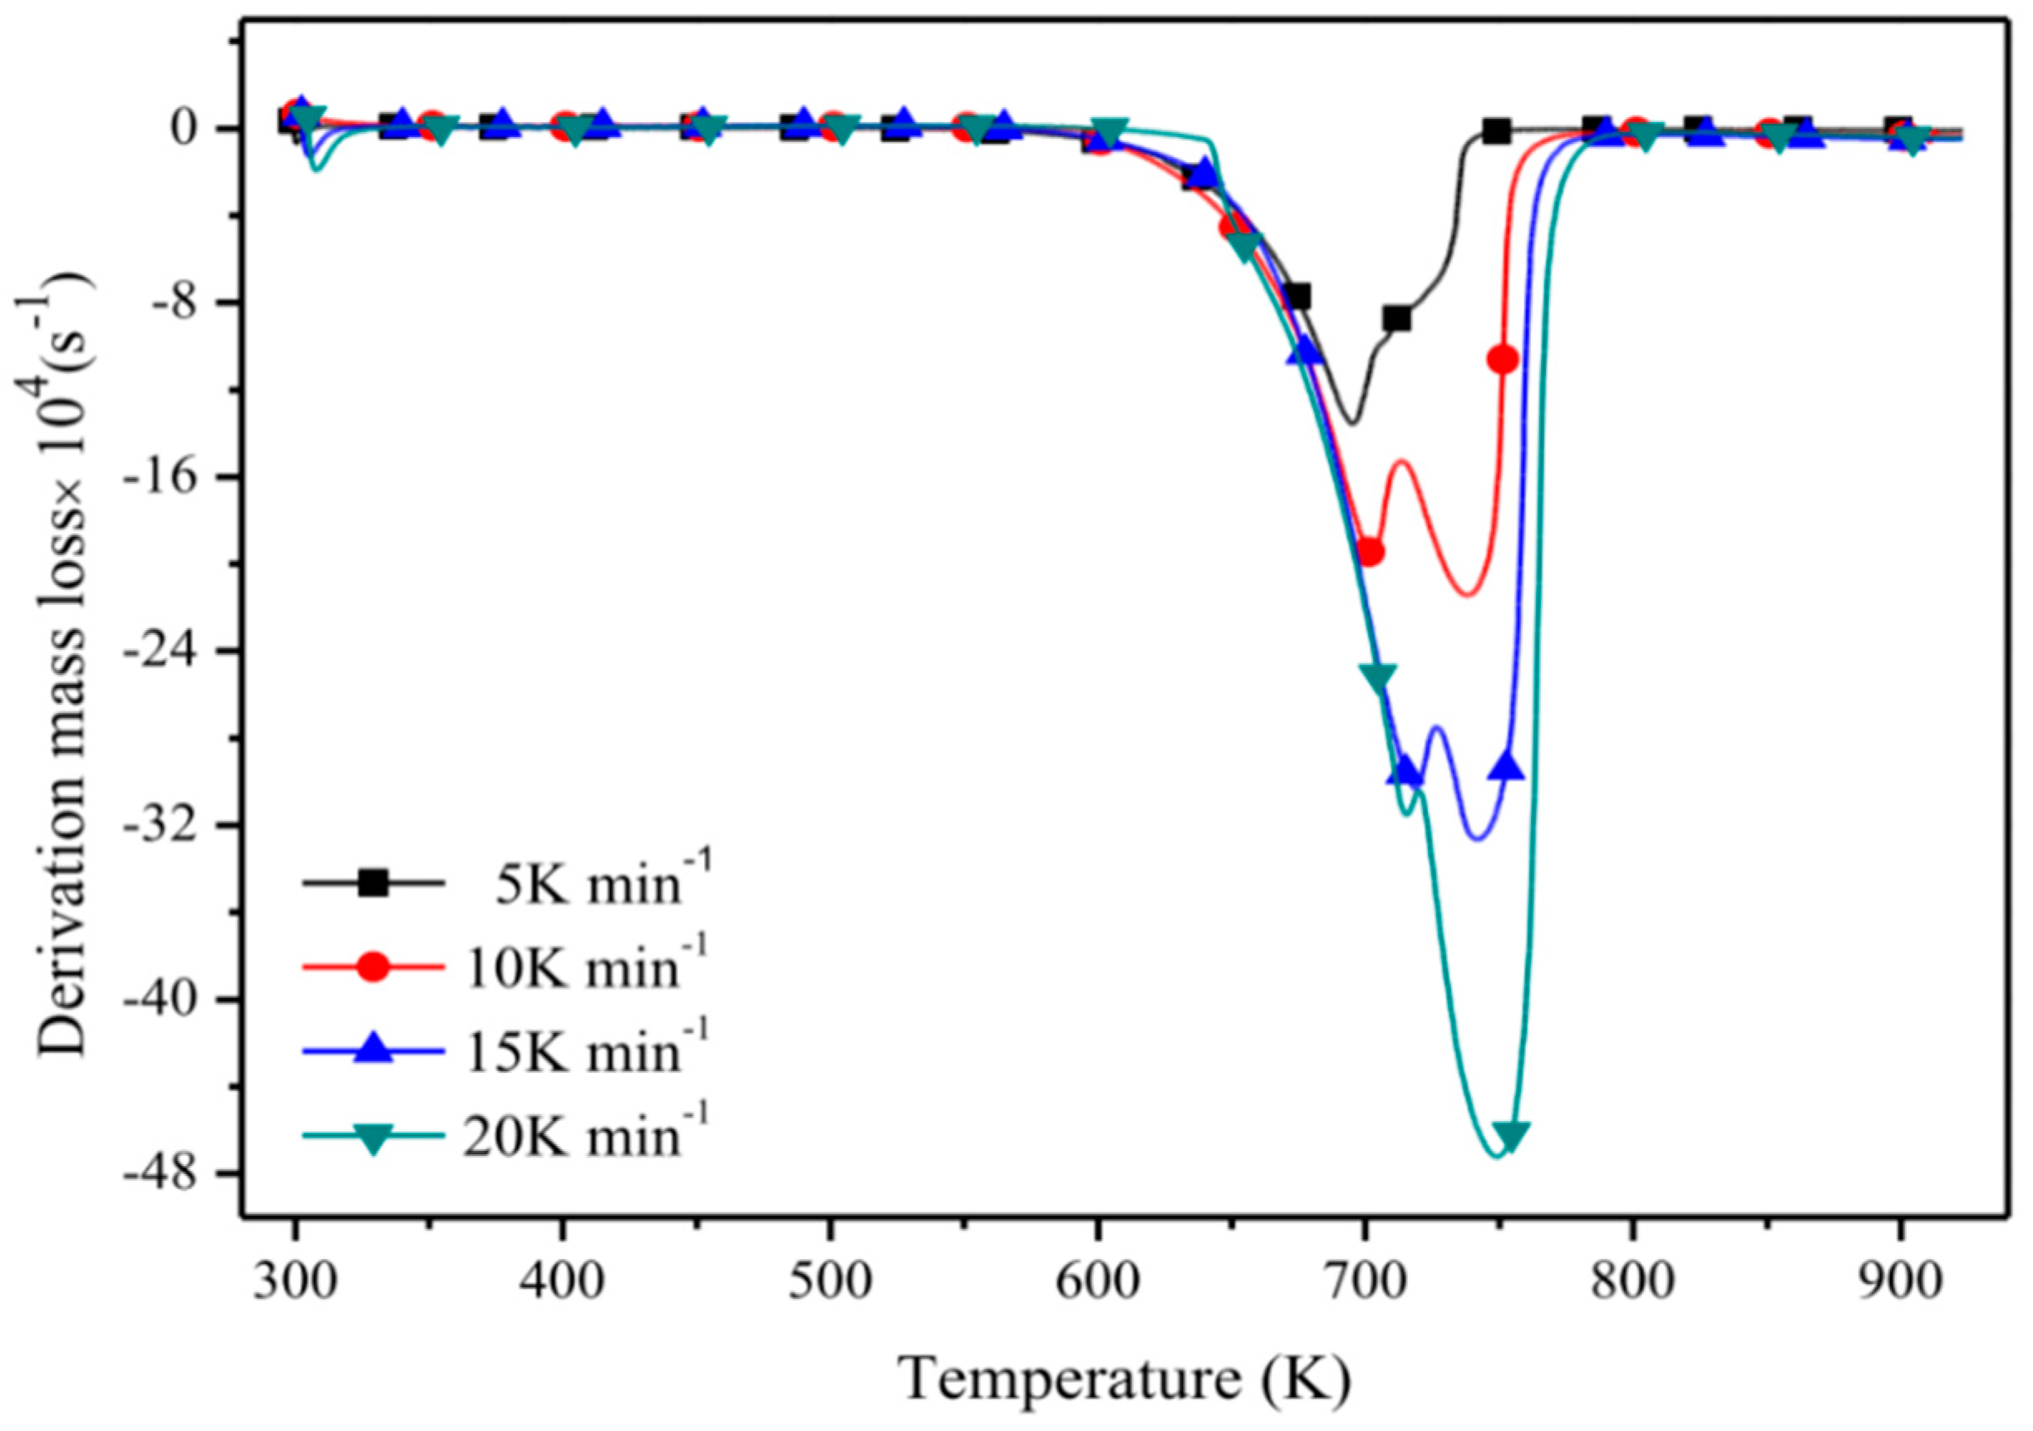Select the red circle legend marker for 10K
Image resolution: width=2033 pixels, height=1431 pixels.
[374, 968]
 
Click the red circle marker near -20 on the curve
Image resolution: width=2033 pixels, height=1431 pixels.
[1370, 552]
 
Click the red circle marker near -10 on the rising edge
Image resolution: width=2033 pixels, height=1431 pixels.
[1503, 359]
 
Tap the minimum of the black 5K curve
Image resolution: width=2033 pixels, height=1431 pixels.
[1351, 422]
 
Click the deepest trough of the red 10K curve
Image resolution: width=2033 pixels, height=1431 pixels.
[1466, 594]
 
